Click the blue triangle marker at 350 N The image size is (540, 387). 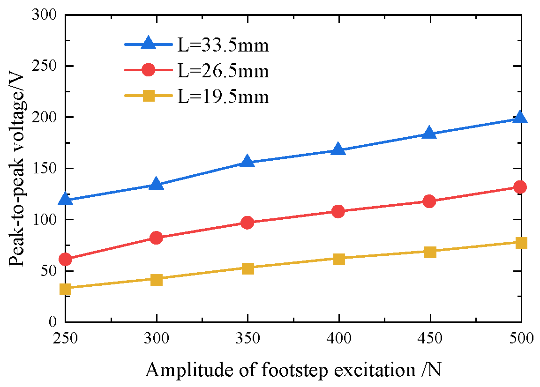coord(247,162)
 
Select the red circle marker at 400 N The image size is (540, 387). coord(338,211)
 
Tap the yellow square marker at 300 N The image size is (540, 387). coord(157,280)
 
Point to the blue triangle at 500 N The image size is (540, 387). coord(520,118)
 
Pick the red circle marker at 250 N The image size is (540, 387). coord(66,259)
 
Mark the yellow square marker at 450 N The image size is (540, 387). coord(429,252)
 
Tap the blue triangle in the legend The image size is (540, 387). coord(148,44)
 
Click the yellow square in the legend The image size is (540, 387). coord(148,96)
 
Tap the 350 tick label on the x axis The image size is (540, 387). coord(247,338)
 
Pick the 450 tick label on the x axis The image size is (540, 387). coord(429,338)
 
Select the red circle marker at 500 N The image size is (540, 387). coord(520,187)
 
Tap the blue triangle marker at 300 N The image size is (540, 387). coord(157,184)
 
